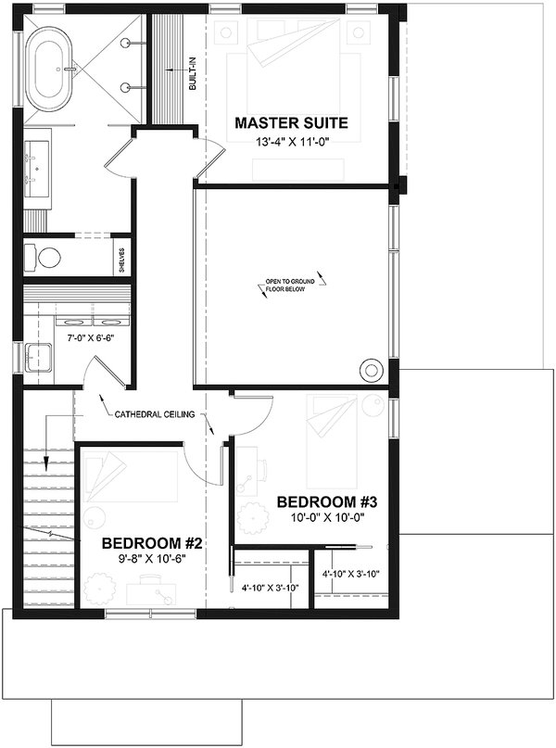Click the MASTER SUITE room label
click(291, 122)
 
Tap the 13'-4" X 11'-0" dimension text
click(291, 142)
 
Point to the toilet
click(42, 256)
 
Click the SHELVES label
click(121, 256)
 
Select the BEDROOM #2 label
click(152, 542)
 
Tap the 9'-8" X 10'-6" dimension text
click(152, 559)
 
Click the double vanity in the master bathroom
click(36, 171)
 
